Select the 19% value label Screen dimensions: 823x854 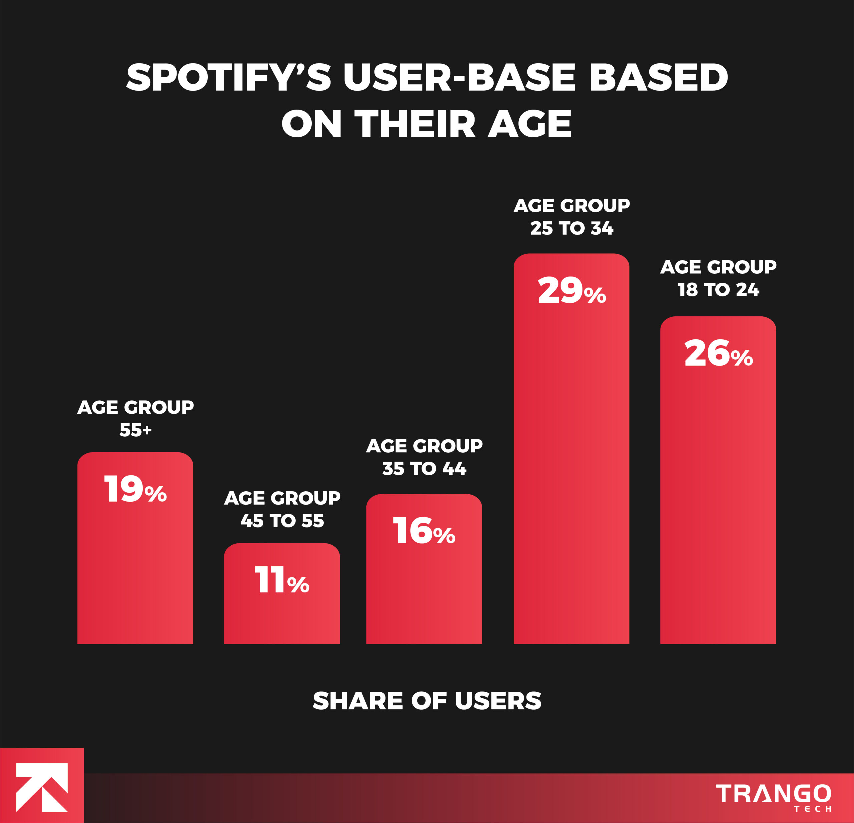pos(135,489)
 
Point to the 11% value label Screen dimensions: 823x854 pos(282,580)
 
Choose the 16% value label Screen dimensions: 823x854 pos(424,531)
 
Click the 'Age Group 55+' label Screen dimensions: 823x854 pos(135,418)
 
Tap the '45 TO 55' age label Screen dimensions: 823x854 pos(282,521)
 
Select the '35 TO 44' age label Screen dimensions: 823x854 pos(424,469)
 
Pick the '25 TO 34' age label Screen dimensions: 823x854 pos(572,228)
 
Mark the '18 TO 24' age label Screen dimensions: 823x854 pos(718,290)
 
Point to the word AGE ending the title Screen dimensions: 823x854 pos(529,124)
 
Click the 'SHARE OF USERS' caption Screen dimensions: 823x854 pos(427,701)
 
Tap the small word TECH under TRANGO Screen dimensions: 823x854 pos(812,809)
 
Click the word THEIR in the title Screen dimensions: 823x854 pos(414,124)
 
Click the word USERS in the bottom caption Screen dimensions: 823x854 pos(498,701)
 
